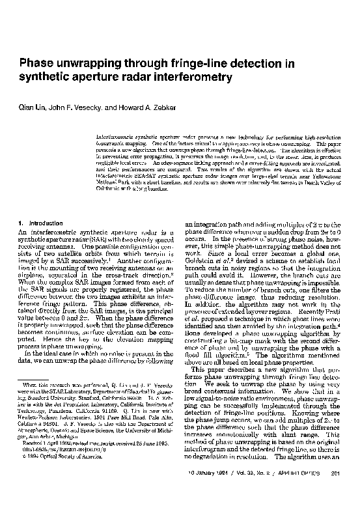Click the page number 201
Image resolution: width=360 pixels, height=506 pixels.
(336, 491)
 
